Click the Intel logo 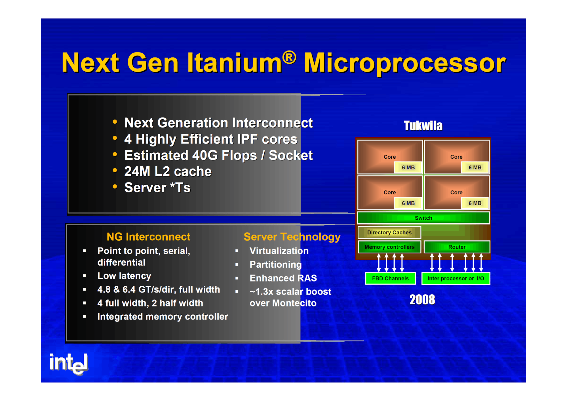pyautogui.click(x=69, y=364)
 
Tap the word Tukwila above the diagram pyautogui.click(x=423, y=125)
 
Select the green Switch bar pyautogui.click(x=423, y=218)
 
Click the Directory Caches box pyautogui.click(x=389, y=232)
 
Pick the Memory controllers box pyautogui.click(x=389, y=247)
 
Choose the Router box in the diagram pyautogui.click(x=457, y=247)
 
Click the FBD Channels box pyautogui.click(x=390, y=278)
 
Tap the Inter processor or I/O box pyautogui.click(x=456, y=278)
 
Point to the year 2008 pyautogui.click(x=422, y=300)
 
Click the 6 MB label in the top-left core pyautogui.click(x=408, y=167)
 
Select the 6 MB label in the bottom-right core pyautogui.click(x=475, y=203)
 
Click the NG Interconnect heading pyautogui.click(x=148, y=237)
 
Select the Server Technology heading pyautogui.click(x=292, y=237)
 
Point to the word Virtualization pyautogui.click(x=279, y=251)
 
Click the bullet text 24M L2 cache pyautogui.click(x=168, y=171)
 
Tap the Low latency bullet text pyautogui.click(x=124, y=276)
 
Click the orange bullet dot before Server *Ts pyautogui.click(x=115, y=186)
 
